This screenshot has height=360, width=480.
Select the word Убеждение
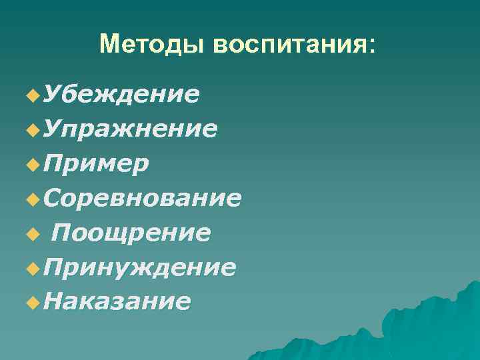[x=120, y=95]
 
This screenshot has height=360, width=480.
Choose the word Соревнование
[x=141, y=198]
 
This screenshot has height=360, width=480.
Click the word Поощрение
[x=131, y=233]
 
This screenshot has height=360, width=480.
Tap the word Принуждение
[x=138, y=267]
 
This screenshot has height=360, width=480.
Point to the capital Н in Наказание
[x=51, y=301]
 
